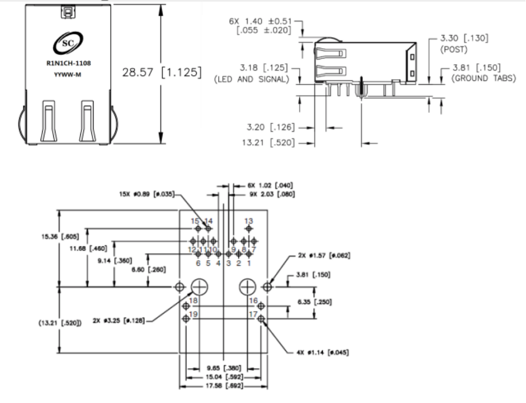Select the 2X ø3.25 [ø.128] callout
[x=118, y=321]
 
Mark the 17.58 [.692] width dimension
[x=224, y=386]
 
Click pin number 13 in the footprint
[x=249, y=221]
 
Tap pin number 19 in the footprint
[x=193, y=316]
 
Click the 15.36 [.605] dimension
[x=56, y=236]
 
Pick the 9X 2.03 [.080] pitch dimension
[x=271, y=194]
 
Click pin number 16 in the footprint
[x=253, y=301]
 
